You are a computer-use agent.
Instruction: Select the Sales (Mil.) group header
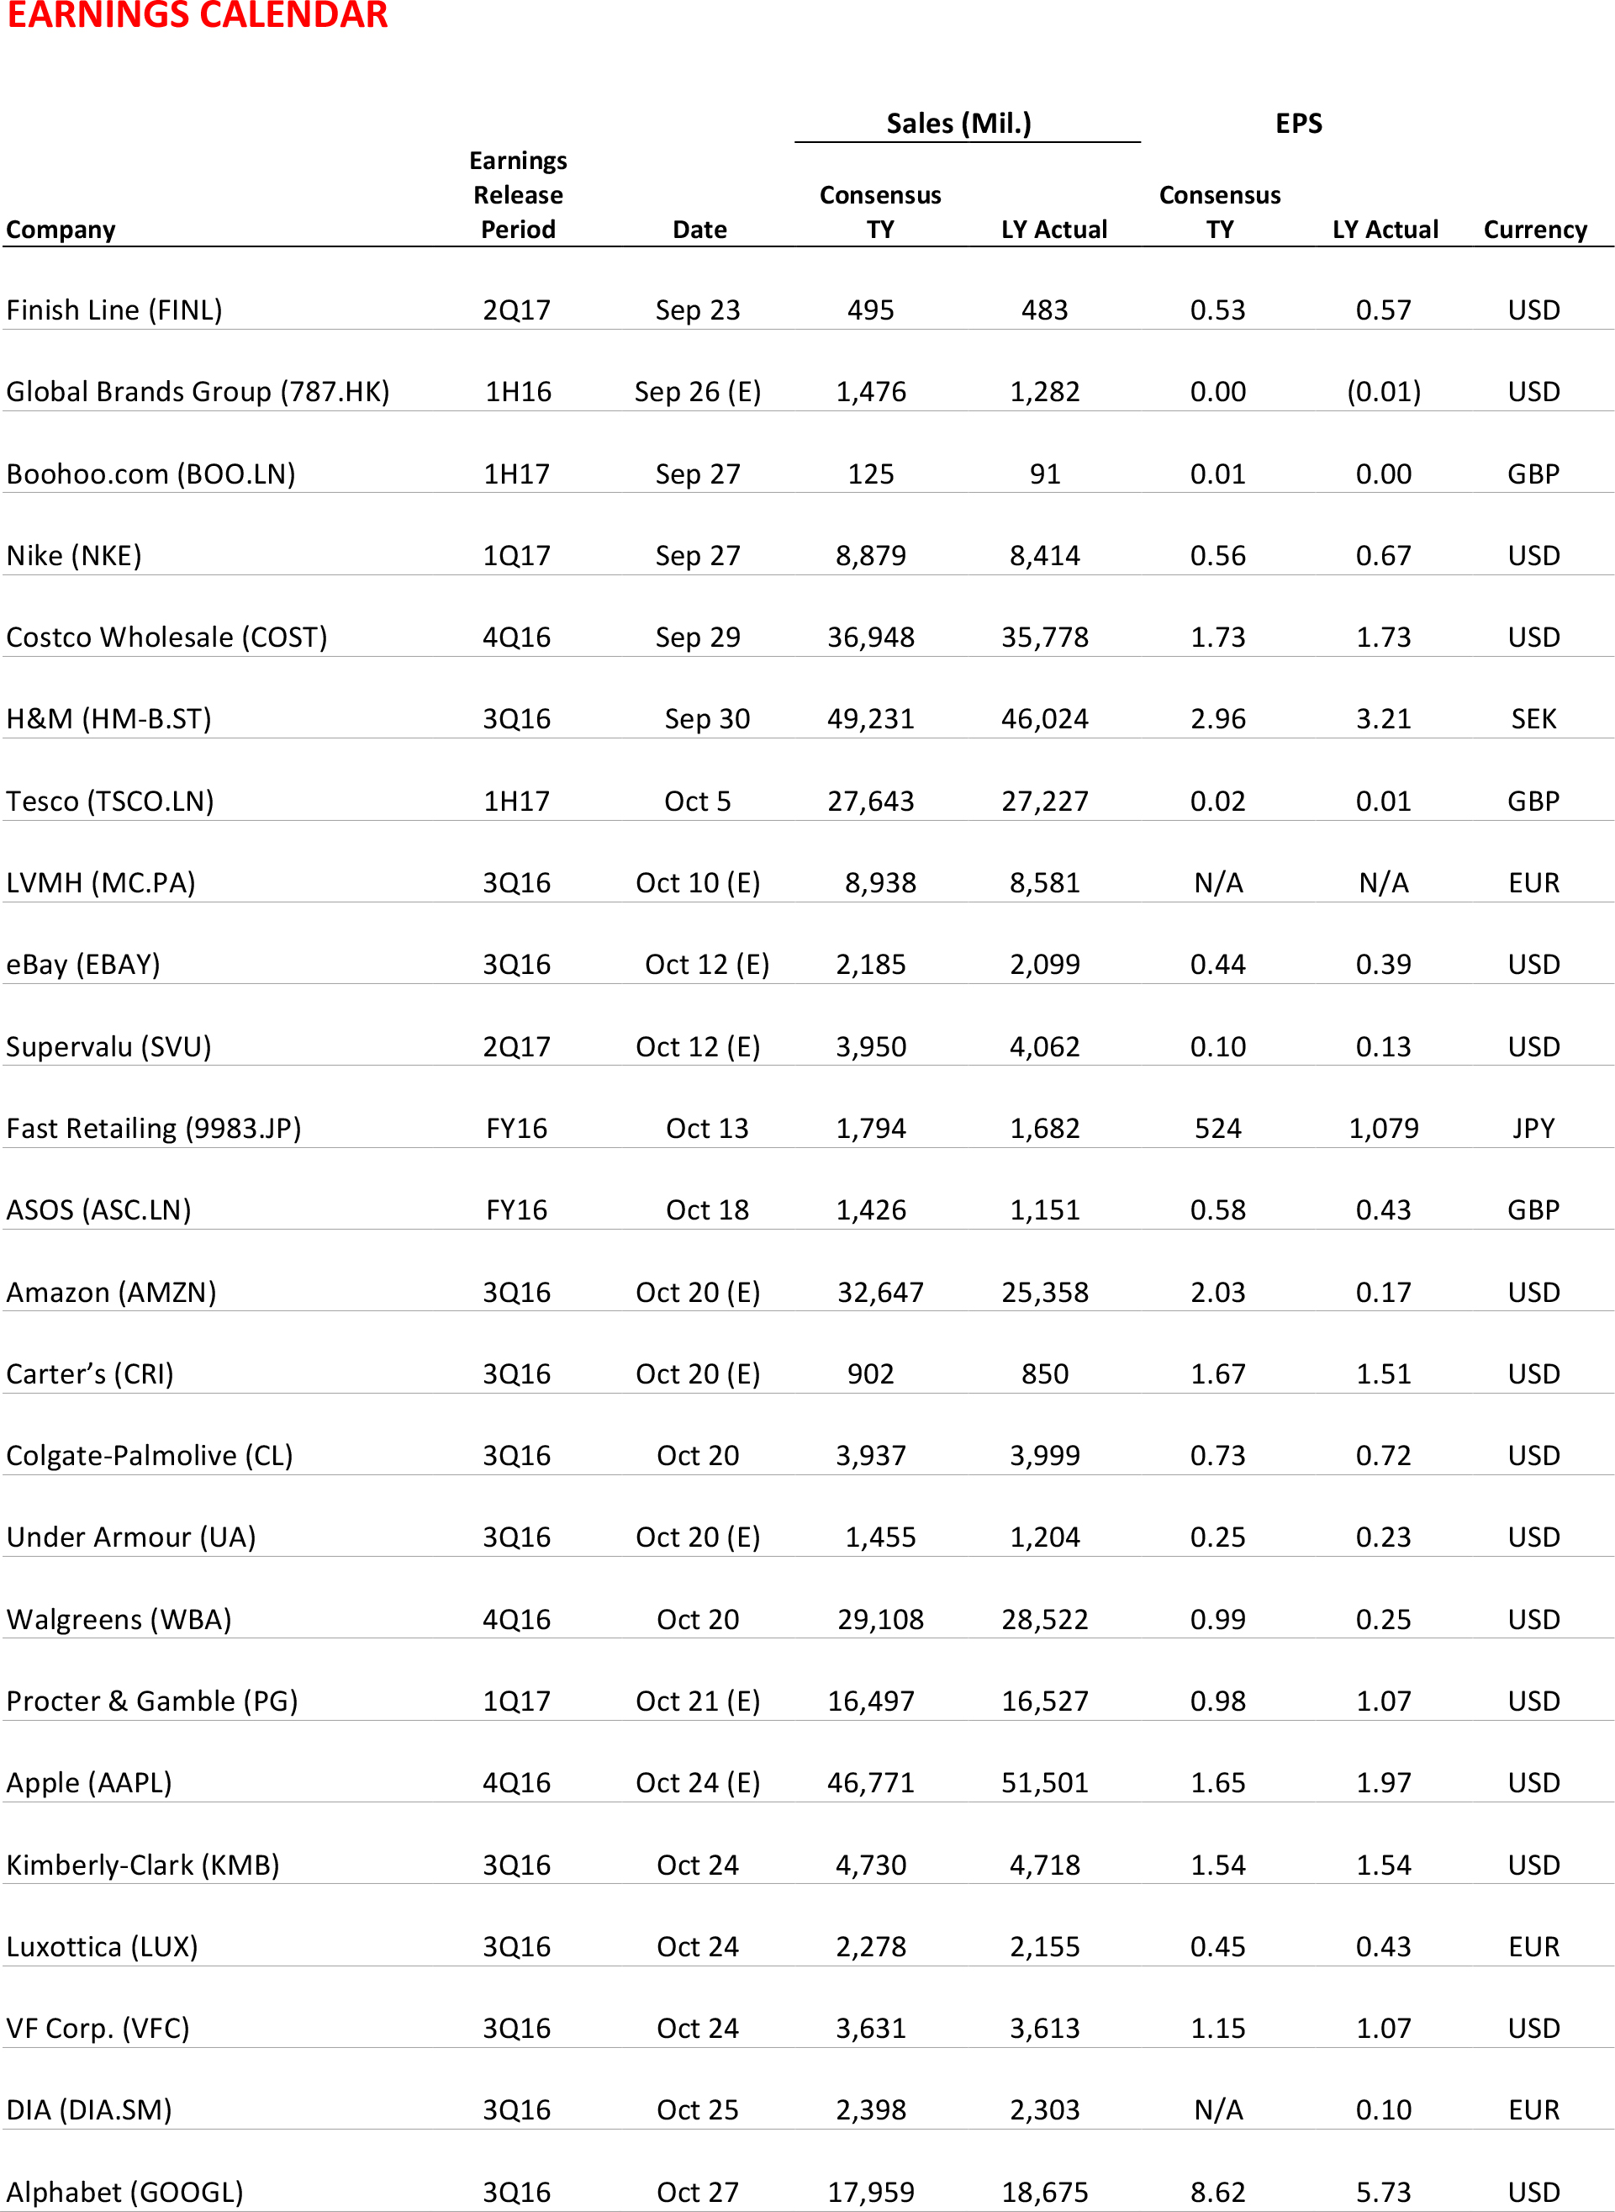tap(958, 123)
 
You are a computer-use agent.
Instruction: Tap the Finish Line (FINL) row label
tap(114, 310)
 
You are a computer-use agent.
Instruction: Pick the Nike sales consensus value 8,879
tap(870, 555)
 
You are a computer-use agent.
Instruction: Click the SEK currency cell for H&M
tap(1533, 719)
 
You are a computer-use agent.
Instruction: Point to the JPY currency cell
tap(1533, 1129)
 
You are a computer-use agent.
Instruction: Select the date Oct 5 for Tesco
tap(697, 801)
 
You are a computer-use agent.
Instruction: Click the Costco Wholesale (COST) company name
tap(166, 638)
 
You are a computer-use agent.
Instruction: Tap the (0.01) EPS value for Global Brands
tap(1383, 392)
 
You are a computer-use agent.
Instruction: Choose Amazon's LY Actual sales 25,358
tap(1044, 1292)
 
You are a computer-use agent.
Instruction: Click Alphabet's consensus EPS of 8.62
tap(1217, 2192)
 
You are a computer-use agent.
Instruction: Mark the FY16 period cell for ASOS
tap(516, 1209)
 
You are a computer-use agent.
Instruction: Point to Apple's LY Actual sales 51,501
tap(1044, 1783)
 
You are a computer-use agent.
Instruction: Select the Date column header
tap(699, 229)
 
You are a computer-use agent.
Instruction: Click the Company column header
tap(61, 229)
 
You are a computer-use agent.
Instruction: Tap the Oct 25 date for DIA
tap(697, 2109)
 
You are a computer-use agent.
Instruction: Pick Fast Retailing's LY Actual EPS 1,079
tap(1383, 1129)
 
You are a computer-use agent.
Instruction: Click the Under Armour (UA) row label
tap(131, 1537)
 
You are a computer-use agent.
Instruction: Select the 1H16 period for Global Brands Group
tap(517, 392)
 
